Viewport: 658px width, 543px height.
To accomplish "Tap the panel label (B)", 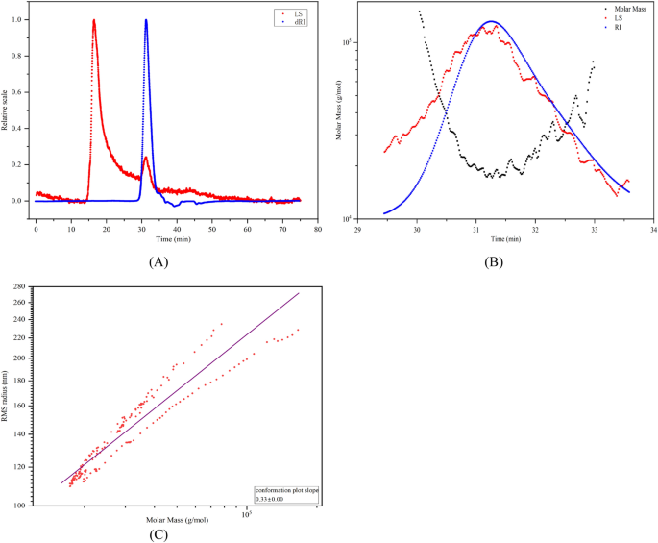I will tap(493, 260).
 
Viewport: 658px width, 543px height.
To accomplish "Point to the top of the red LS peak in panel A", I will tap(94, 20).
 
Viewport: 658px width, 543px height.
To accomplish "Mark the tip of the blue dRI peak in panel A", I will tap(146, 20).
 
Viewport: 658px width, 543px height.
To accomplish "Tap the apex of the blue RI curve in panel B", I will tap(491, 21).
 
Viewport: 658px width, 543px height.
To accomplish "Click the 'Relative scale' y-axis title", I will tap(6, 111).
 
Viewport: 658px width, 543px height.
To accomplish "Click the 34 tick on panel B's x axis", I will tap(653, 229).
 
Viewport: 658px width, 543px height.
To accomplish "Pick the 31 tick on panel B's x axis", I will tap(475, 229).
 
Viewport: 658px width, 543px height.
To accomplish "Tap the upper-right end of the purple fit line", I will tap(300, 293).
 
